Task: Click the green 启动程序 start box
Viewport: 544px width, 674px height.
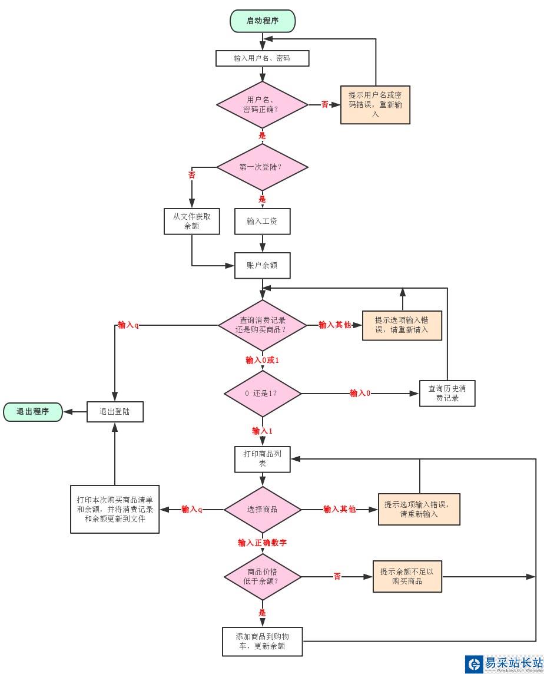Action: tap(262, 21)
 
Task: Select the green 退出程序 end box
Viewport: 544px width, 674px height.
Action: tap(33, 412)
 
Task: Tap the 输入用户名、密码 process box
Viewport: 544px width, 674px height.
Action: tap(262, 58)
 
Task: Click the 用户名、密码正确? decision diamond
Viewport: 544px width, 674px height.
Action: tap(262, 105)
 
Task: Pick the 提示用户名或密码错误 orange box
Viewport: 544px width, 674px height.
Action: tap(375, 105)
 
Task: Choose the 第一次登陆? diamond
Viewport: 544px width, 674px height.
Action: tap(262, 167)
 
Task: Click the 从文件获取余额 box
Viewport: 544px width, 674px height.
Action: tap(191, 221)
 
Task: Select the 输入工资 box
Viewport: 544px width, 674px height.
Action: tap(262, 221)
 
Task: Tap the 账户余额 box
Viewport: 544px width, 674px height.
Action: tap(262, 265)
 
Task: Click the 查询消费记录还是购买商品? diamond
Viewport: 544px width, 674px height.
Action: tap(262, 325)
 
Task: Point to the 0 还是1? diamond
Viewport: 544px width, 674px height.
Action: tap(262, 393)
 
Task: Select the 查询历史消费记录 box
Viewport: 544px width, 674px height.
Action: tap(447, 393)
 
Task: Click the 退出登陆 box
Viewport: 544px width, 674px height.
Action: tap(115, 412)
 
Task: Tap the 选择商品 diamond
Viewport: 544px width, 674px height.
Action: tap(262, 509)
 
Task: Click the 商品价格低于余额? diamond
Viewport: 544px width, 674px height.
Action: tap(262, 576)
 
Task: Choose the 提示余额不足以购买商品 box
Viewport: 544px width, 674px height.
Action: tap(407, 576)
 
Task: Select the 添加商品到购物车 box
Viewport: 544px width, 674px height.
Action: tap(262, 642)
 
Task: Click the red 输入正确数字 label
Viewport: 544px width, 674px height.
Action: tap(262, 543)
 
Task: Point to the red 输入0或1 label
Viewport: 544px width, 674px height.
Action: tap(262, 360)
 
